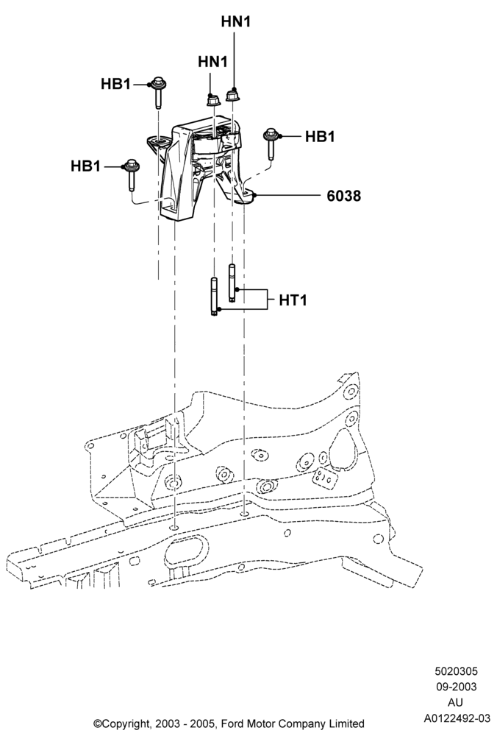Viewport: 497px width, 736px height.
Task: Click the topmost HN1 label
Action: point(236,21)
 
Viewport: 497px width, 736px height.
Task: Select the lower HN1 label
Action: point(213,62)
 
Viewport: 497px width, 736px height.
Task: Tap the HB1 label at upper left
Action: point(116,84)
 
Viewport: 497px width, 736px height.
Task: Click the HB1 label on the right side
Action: point(321,137)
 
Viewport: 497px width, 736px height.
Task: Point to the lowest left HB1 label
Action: point(86,166)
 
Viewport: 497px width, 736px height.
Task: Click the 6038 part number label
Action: point(344,196)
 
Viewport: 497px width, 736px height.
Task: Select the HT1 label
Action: point(293,300)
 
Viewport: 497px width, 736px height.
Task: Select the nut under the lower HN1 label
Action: point(213,99)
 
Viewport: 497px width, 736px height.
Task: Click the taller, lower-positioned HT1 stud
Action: point(214,297)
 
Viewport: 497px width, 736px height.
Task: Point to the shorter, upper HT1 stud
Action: point(232,283)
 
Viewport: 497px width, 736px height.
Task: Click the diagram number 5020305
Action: point(457,672)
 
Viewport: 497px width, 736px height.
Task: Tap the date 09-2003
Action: point(457,687)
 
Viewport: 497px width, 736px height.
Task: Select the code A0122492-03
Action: point(457,718)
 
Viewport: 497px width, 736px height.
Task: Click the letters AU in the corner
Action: point(457,703)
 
